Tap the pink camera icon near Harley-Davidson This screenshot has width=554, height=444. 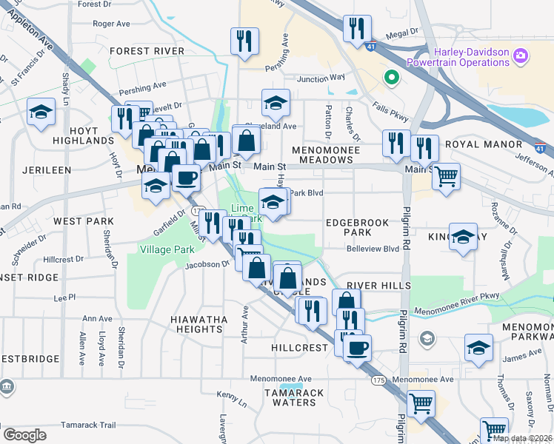click(521, 55)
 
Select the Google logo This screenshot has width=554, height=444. click(24, 434)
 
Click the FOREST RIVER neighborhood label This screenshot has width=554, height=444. click(146, 50)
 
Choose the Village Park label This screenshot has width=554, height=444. click(167, 249)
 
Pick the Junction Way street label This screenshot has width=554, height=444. click(321, 78)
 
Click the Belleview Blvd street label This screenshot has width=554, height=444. click(373, 249)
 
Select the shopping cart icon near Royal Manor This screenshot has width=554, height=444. click(446, 177)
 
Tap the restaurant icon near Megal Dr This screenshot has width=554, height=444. click(357, 29)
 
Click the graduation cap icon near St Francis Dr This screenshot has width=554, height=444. click(41, 112)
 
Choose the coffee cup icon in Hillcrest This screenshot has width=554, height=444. click(358, 347)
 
